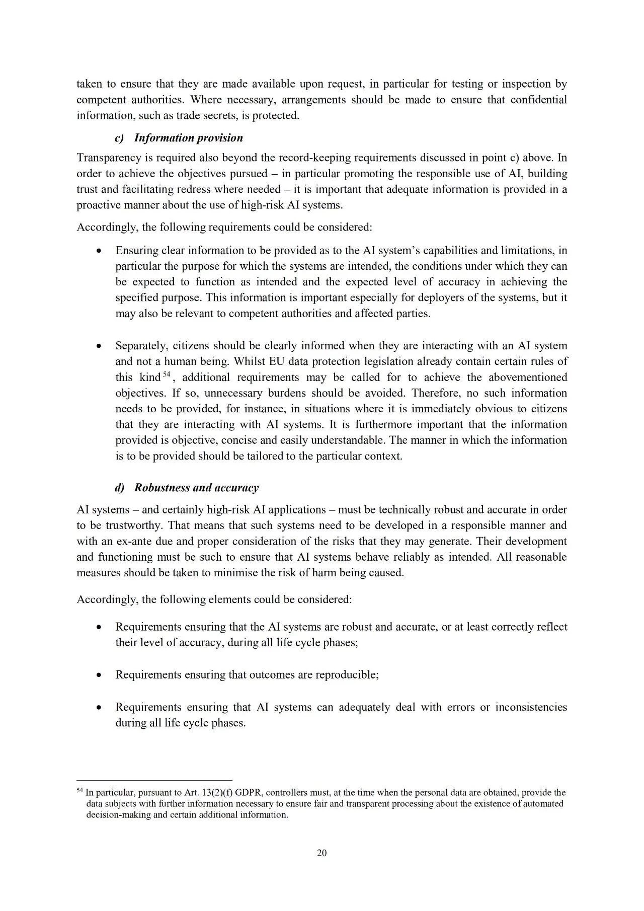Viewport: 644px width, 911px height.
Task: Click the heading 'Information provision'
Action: coord(188,138)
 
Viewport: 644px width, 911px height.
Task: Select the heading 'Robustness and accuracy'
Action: coord(196,487)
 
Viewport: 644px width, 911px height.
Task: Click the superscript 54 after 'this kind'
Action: coord(165,374)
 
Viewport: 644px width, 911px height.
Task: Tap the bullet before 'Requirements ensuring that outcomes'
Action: coord(100,675)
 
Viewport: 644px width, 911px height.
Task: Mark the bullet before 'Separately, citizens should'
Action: coord(100,346)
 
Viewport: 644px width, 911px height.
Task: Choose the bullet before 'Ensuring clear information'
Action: coord(100,251)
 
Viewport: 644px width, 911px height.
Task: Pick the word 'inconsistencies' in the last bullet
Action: coord(531,707)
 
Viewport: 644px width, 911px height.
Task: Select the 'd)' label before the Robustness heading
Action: coord(120,487)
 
